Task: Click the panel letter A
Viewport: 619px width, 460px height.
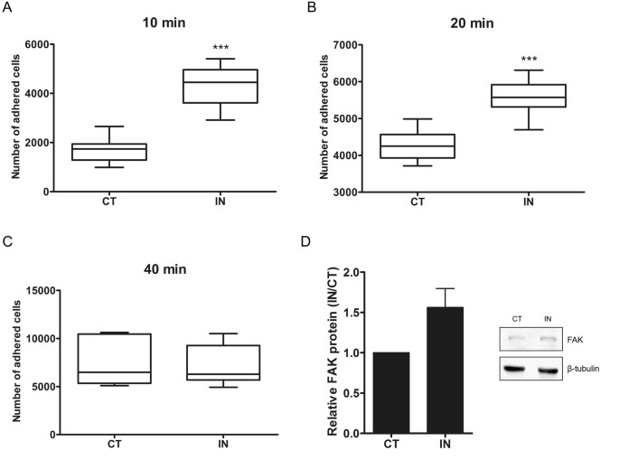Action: coord(7,9)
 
